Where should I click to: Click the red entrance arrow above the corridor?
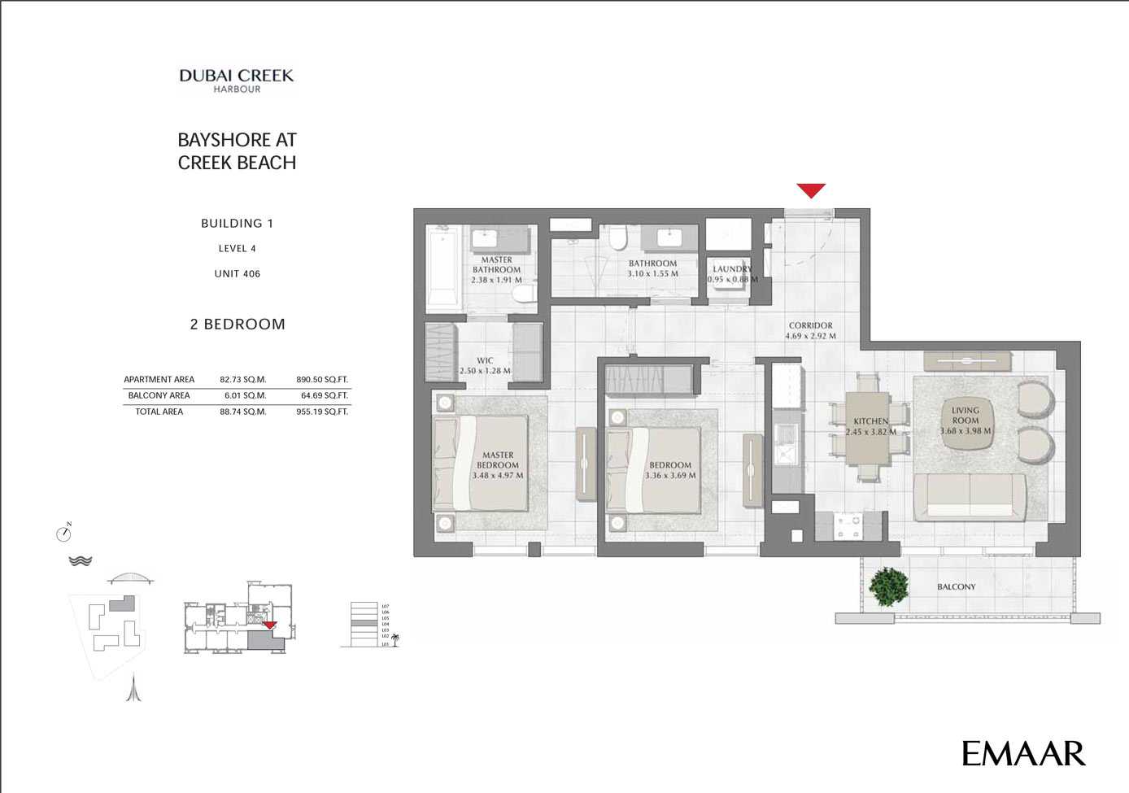click(811, 190)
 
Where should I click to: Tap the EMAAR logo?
click(1023, 753)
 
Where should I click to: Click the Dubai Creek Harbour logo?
click(237, 80)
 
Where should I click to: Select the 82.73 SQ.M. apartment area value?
click(243, 380)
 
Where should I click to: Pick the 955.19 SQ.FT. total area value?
click(322, 412)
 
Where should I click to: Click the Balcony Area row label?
click(159, 396)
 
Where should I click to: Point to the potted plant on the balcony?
click(887, 586)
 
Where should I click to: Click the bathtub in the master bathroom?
click(442, 268)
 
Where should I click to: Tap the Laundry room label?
click(732, 269)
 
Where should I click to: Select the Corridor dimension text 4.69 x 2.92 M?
click(810, 336)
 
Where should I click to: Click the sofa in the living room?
click(970, 496)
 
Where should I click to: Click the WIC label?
click(485, 360)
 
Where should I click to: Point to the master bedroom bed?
click(480, 464)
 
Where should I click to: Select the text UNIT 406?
click(238, 274)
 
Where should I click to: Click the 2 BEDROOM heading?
click(238, 325)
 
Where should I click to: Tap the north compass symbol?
click(64, 533)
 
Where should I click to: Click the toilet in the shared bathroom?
click(618, 238)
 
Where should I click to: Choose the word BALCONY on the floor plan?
click(956, 587)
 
